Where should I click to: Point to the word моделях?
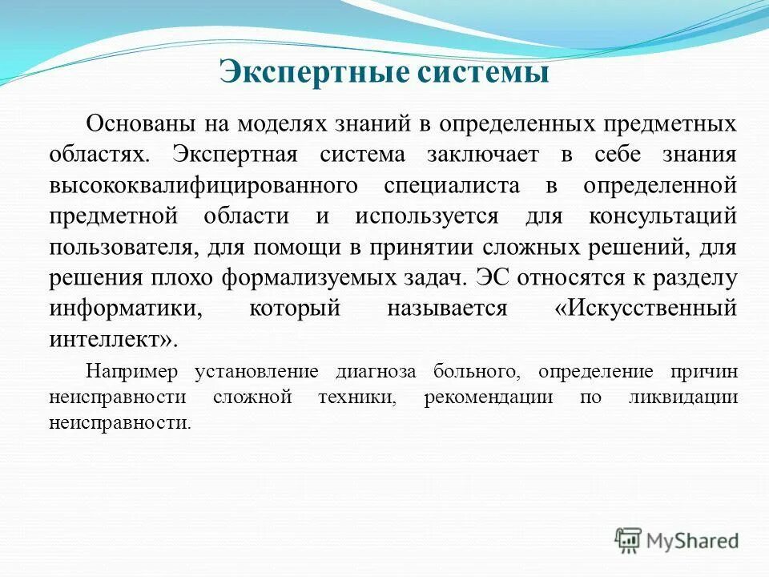point(273,124)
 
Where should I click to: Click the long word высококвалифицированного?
point(202,186)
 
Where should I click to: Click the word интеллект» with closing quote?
point(111,339)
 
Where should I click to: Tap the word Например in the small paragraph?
point(133,372)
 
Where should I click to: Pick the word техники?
point(361,397)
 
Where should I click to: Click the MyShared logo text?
point(692,540)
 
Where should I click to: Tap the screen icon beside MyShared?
point(629,540)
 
